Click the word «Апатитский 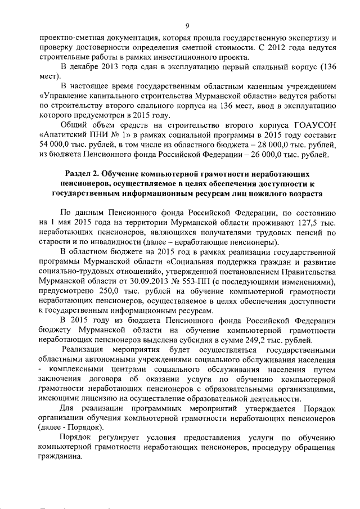click(63, 136)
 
